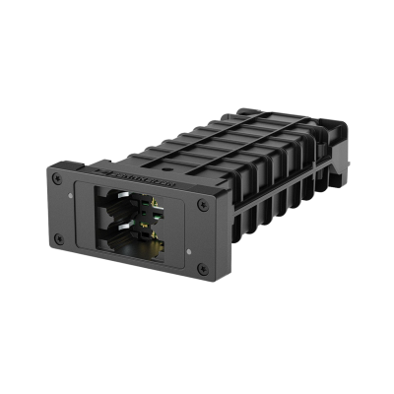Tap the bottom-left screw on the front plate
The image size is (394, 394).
click(x=58, y=239)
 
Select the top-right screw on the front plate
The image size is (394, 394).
click(x=202, y=206)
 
